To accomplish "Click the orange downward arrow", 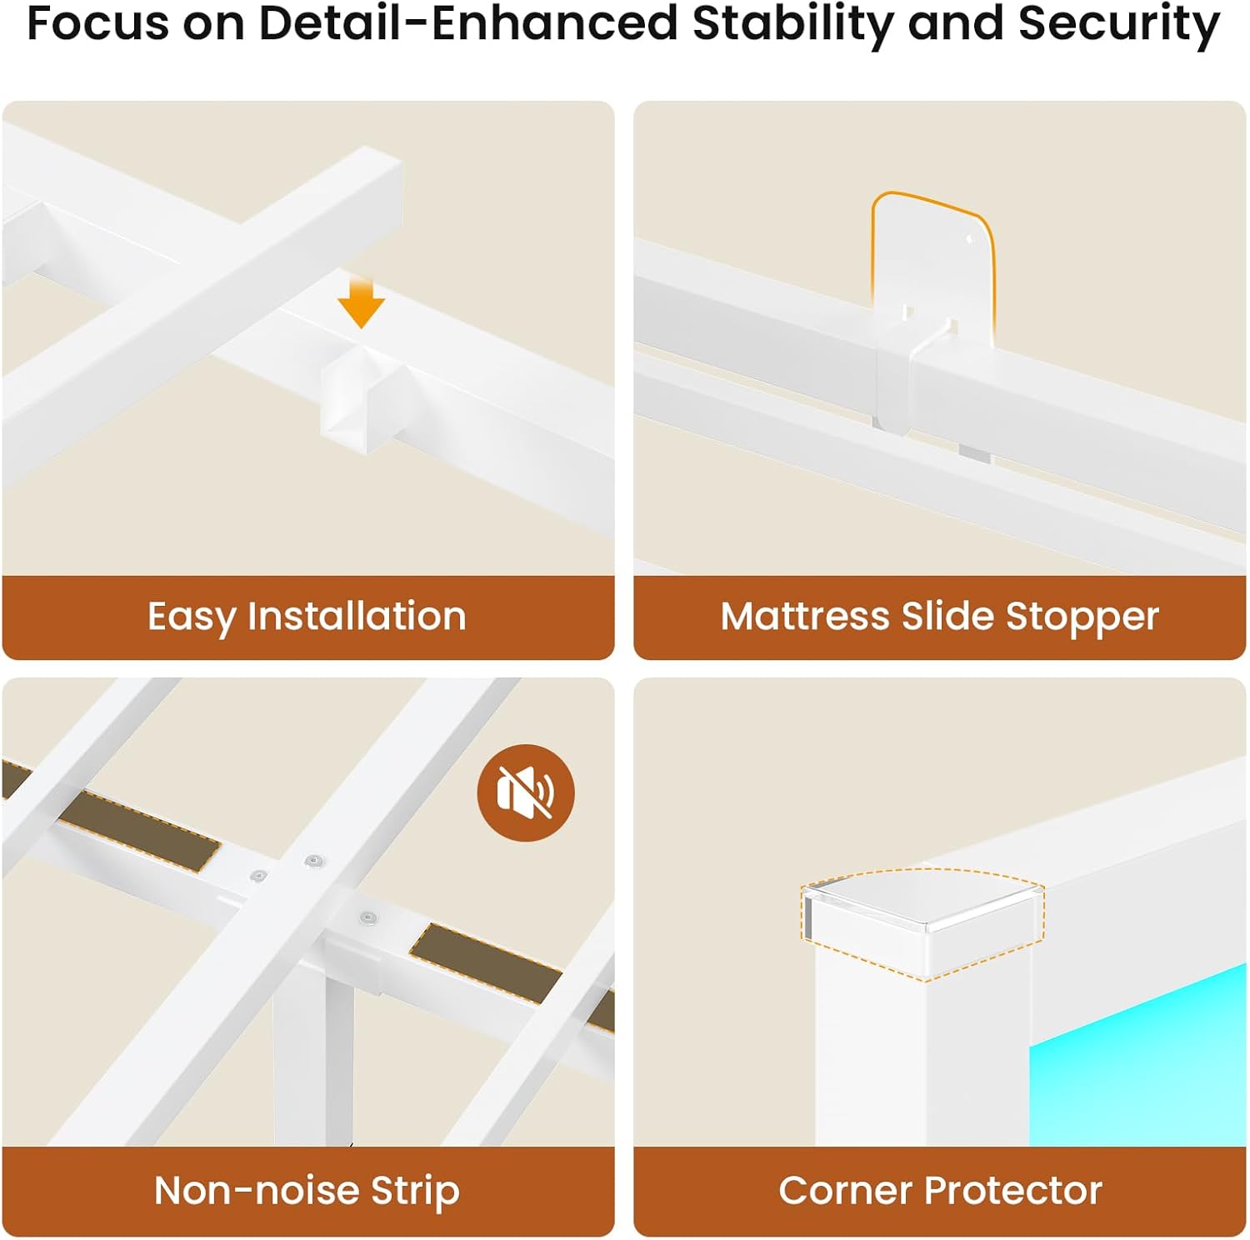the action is [x=361, y=303].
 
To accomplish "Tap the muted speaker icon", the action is [x=526, y=792].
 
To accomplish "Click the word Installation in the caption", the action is [x=357, y=617].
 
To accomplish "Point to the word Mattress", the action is [x=805, y=617].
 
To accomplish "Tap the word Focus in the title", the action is [x=98, y=23].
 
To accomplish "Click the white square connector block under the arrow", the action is [x=362, y=396].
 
